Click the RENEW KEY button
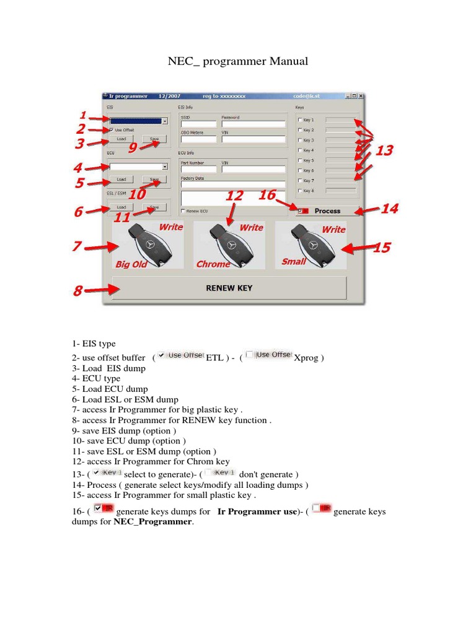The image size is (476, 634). (x=229, y=288)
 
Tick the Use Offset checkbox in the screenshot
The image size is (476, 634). (x=112, y=130)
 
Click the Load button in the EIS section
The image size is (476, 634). (x=121, y=139)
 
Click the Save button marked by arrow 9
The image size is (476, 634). (x=154, y=139)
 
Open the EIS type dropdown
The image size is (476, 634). (x=164, y=121)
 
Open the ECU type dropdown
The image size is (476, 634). (x=164, y=167)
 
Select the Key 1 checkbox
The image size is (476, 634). (x=301, y=120)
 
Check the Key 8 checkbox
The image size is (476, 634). (x=301, y=191)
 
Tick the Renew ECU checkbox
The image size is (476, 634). (x=183, y=211)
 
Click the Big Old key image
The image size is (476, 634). (x=148, y=245)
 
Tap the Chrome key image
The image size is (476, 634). (x=229, y=245)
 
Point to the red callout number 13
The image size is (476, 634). (x=384, y=150)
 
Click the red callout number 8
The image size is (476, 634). (x=77, y=290)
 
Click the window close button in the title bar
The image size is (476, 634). (x=361, y=96)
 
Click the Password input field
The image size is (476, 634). (x=252, y=124)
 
